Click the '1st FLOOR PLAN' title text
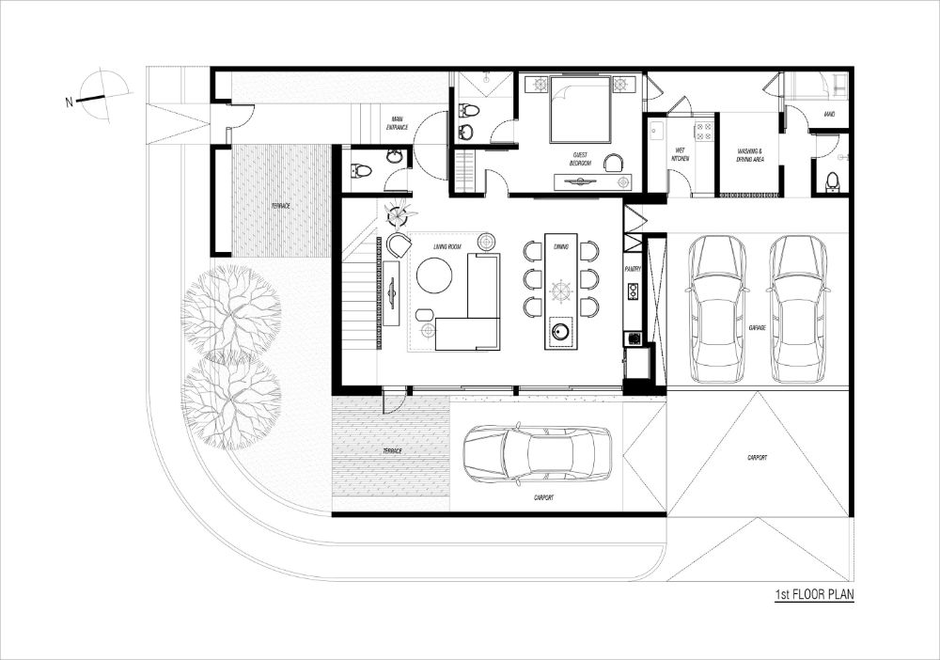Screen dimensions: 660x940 [x=814, y=594]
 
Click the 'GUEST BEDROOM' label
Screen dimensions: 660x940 [x=580, y=159]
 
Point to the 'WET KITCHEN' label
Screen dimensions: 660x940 [x=680, y=154]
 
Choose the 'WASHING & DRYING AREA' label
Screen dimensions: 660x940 [x=750, y=154]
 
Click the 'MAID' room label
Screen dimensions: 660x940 [x=829, y=115]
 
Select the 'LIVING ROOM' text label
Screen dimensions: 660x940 [x=447, y=246]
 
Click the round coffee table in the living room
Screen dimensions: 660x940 [x=434, y=276]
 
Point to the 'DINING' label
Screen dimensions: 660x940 [x=561, y=246]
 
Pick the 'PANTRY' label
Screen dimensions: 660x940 [x=633, y=269]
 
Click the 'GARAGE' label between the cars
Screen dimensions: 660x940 [x=758, y=327]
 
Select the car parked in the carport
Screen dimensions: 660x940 [x=537, y=454]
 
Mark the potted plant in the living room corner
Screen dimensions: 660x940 [x=398, y=215]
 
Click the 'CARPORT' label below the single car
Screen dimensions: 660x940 [x=543, y=497]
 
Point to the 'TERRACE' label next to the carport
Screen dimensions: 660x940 [x=391, y=451]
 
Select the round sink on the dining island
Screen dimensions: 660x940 [x=561, y=330]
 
